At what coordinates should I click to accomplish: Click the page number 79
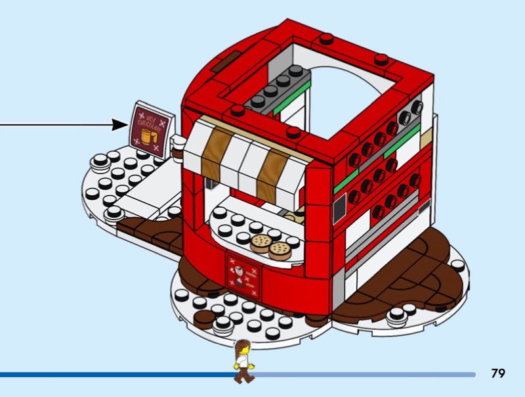pyautogui.click(x=498, y=373)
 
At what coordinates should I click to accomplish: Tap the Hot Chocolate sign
pyautogui.click(x=152, y=128)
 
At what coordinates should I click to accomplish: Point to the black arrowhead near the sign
pyautogui.click(x=122, y=124)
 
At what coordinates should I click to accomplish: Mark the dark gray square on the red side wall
pyautogui.click(x=339, y=209)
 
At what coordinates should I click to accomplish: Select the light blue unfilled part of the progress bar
pyautogui.click(x=361, y=375)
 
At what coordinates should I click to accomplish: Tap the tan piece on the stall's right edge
pyautogui.click(x=428, y=139)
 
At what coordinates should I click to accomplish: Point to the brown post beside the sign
pyautogui.click(x=177, y=148)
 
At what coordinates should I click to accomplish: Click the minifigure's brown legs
pyautogui.click(x=243, y=375)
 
